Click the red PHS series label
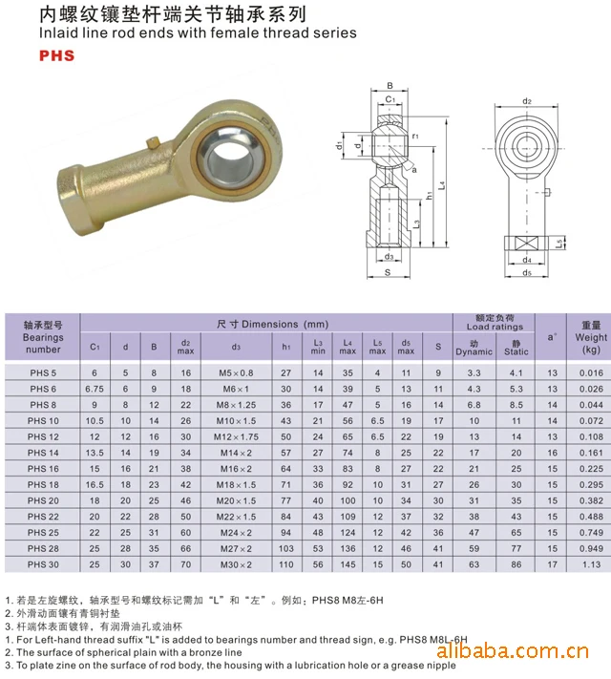tap(56, 55)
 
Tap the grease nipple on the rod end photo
tap(153, 142)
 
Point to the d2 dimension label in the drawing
tap(527, 101)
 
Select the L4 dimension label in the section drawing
tap(441, 185)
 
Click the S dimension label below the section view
tap(388, 272)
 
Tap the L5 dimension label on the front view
tap(559, 244)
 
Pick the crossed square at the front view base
tap(526, 244)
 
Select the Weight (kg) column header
tap(591, 337)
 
